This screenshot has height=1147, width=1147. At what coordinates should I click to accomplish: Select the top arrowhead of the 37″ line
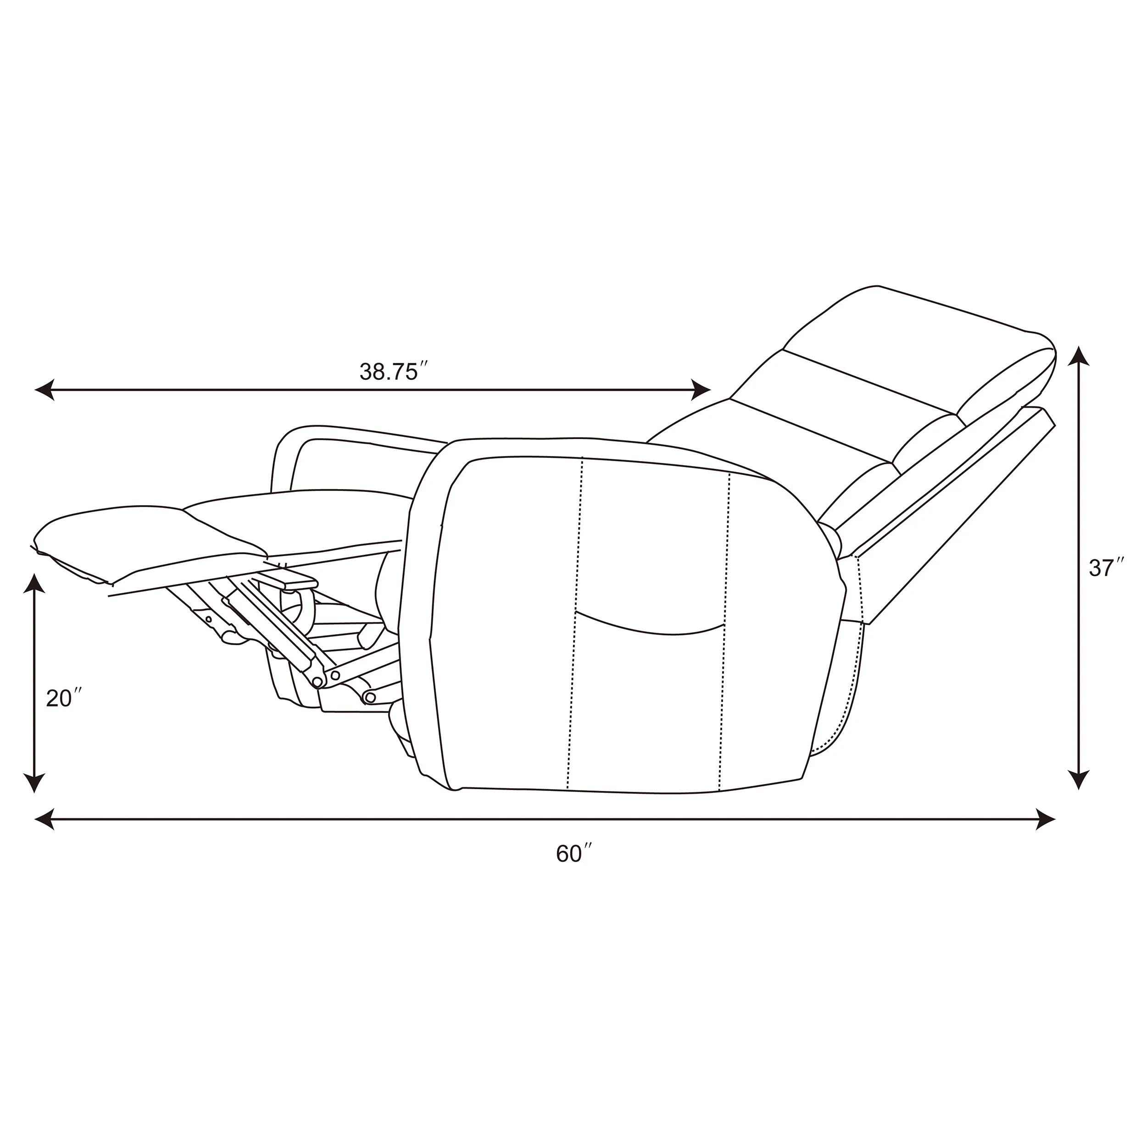tap(1079, 357)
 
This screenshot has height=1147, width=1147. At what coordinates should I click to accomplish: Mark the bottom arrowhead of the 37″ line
tap(1079, 780)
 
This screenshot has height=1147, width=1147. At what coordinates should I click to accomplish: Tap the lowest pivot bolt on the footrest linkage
tap(371, 696)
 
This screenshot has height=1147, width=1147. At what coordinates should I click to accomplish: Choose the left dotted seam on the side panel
tap(575, 624)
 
